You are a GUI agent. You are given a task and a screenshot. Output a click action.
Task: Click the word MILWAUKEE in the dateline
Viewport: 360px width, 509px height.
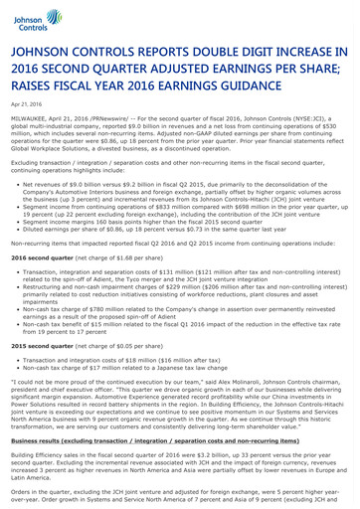point(33,120)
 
